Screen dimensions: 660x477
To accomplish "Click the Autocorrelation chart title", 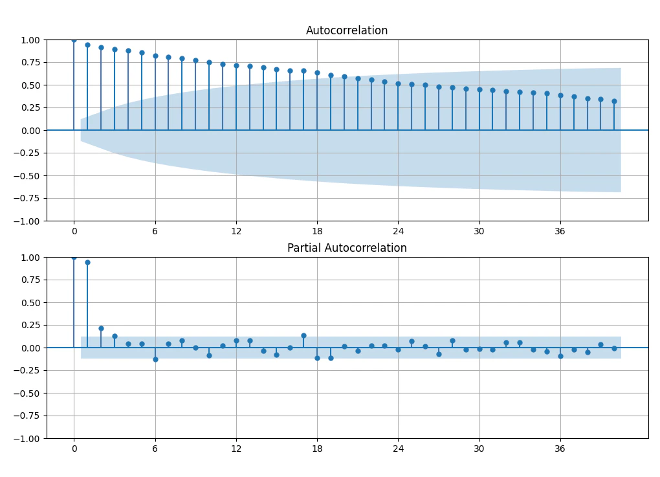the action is click(x=346, y=30).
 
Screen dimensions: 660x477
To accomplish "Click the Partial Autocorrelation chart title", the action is click(x=347, y=247).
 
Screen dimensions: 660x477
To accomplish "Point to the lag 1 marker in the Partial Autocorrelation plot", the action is click(x=87, y=262).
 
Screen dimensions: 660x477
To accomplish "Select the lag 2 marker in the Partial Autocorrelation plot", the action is click(x=101, y=328).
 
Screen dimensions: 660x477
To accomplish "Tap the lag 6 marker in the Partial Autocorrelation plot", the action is click(x=155, y=360).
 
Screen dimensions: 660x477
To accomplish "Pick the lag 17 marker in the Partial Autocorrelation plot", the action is click(x=304, y=335).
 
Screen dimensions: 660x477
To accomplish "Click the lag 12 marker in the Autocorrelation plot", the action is click(x=236, y=65).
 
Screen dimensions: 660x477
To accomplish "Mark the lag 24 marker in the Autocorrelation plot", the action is click(x=398, y=83).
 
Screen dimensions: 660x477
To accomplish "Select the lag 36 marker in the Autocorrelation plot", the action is click(x=560, y=96).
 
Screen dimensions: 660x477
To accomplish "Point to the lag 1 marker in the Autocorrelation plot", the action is click(x=87, y=45).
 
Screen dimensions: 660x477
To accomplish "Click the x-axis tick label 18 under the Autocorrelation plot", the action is click(x=317, y=231).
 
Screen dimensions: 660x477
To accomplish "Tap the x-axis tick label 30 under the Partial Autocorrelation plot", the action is click(x=479, y=449).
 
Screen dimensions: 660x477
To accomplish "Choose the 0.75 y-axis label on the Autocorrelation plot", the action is click(x=30, y=62).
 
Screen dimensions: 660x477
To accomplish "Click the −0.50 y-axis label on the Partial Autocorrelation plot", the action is click(x=27, y=394).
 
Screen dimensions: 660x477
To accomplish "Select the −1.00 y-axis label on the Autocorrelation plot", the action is click(x=27, y=221).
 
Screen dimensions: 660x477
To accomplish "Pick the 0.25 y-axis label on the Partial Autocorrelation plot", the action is click(x=30, y=325).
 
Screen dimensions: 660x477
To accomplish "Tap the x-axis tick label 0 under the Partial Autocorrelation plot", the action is click(x=74, y=449).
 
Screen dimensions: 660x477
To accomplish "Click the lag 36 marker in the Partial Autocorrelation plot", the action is click(x=560, y=356).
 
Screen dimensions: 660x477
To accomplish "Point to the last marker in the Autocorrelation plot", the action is click(x=614, y=102).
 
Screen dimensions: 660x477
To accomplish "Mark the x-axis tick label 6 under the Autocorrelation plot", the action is click(x=155, y=231).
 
